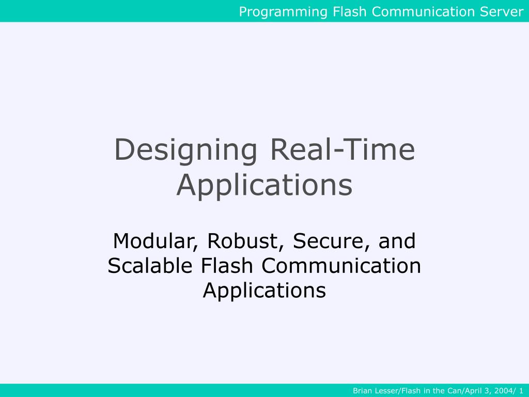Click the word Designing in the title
click(185, 150)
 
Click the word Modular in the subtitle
click(155, 241)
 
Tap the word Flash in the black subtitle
click(227, 266)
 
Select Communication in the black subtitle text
click(341, 266)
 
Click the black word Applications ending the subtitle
click(264, 290)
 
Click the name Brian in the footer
click(362, 391)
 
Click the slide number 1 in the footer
click(521, 391)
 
